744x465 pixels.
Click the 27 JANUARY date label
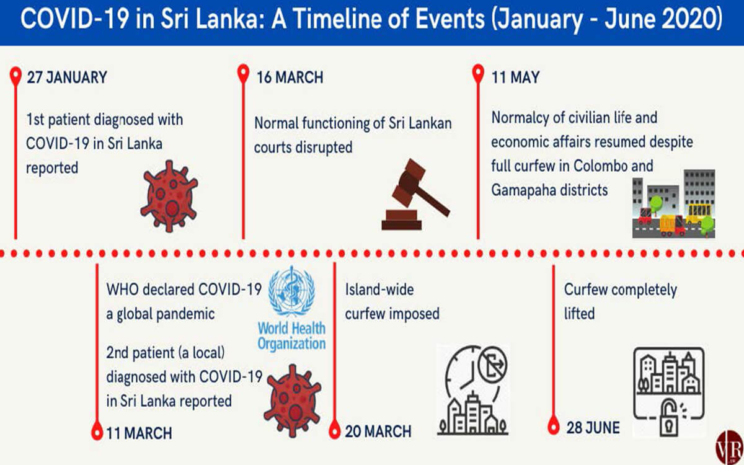click(x=67, y=77)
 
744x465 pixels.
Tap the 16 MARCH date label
click(x=290, y=77)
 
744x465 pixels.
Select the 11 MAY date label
click(x=515, y=77)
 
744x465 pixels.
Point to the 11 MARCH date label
click(x=139, y=433)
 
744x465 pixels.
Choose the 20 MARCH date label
click(x=378, y=432)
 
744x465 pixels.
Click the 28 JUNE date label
click(x=593, y=427)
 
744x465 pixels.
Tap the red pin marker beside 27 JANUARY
click(x=15, y=76)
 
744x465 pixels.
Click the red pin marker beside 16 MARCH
click(x=244, y=74)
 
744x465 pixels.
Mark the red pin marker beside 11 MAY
click(x=478, y=74)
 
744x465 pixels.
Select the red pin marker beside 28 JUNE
click(x=554, y=425)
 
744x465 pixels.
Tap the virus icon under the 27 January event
click(x=169, y=197)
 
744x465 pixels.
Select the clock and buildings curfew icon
click(x=473, y=390)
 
